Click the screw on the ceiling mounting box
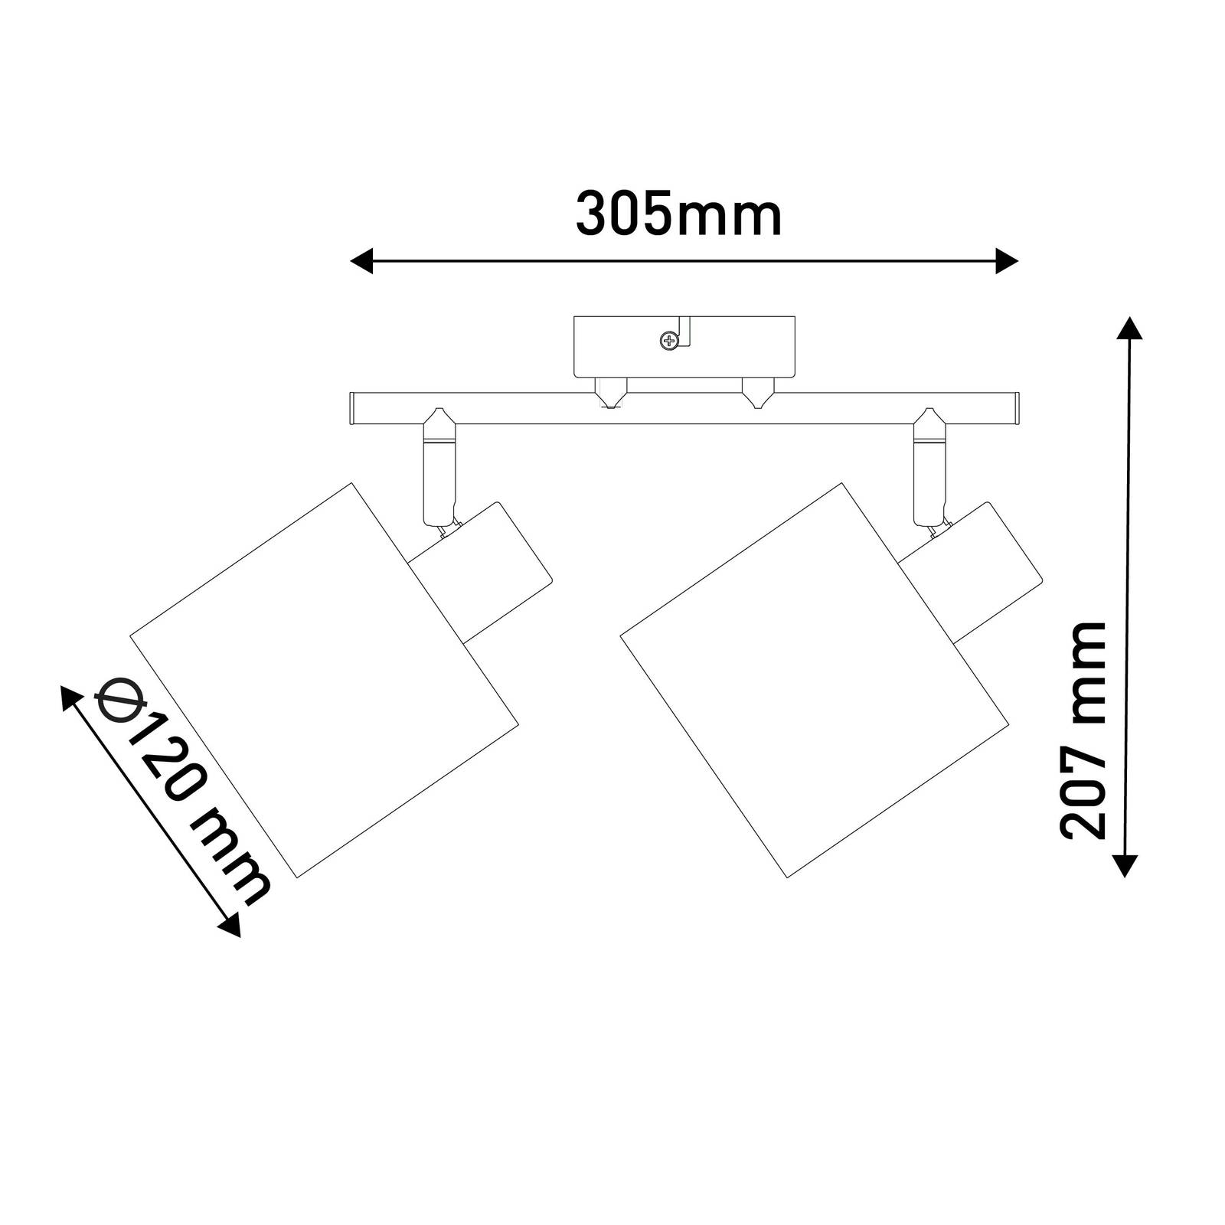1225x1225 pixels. [x=670, y=340]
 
